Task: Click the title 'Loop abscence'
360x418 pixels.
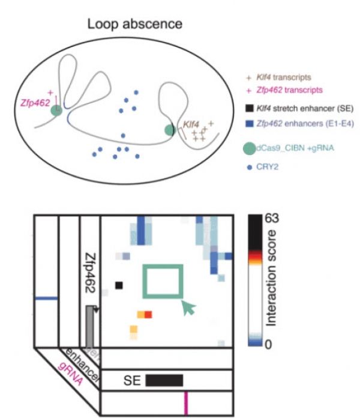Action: (135, 25)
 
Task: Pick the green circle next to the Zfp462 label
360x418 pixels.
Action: (56, 111)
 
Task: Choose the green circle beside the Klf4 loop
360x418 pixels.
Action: (170, 130)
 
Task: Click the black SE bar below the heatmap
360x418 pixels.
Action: (164, 380)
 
